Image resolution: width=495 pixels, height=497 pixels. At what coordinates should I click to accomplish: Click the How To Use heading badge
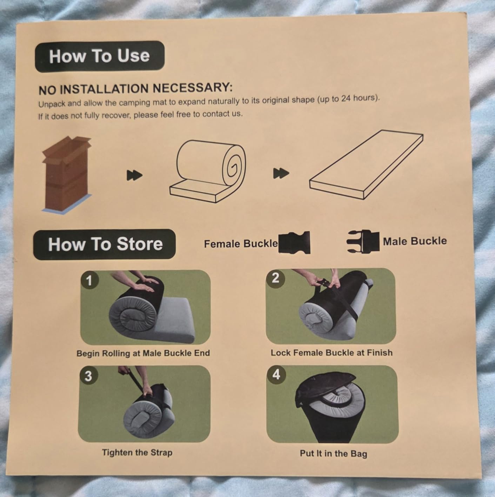(x=100, y=56)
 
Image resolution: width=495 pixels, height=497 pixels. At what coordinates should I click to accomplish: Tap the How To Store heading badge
(x=105, y=244)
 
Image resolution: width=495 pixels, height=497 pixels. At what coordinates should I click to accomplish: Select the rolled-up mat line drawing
(x=207, y=171)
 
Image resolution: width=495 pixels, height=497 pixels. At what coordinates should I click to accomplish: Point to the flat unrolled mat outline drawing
(x=366, y=164)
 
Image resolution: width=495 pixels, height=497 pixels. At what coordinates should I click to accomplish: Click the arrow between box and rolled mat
(x=134, y=175)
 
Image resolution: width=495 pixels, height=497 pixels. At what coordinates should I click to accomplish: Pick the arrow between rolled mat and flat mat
(x=281, y=173)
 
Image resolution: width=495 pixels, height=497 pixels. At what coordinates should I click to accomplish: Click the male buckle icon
(x=363, y=241)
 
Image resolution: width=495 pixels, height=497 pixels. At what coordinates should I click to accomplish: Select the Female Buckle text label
(x=241, y=244)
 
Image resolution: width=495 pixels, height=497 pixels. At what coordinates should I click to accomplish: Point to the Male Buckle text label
(x=415, y=241)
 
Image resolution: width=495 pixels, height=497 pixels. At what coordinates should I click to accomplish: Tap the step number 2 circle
(x=275, y=278)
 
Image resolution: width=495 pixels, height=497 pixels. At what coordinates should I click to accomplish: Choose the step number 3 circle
(x=88, y=376)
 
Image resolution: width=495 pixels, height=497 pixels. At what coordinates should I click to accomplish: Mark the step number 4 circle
(x=276, y=374)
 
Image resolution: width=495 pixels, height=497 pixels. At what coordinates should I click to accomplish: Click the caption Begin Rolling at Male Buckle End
(x=143, y=353)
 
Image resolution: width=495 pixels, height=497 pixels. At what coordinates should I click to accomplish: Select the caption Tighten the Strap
(x=137, y=453)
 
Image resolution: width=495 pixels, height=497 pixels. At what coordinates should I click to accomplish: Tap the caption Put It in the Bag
(x=333, y=454)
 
